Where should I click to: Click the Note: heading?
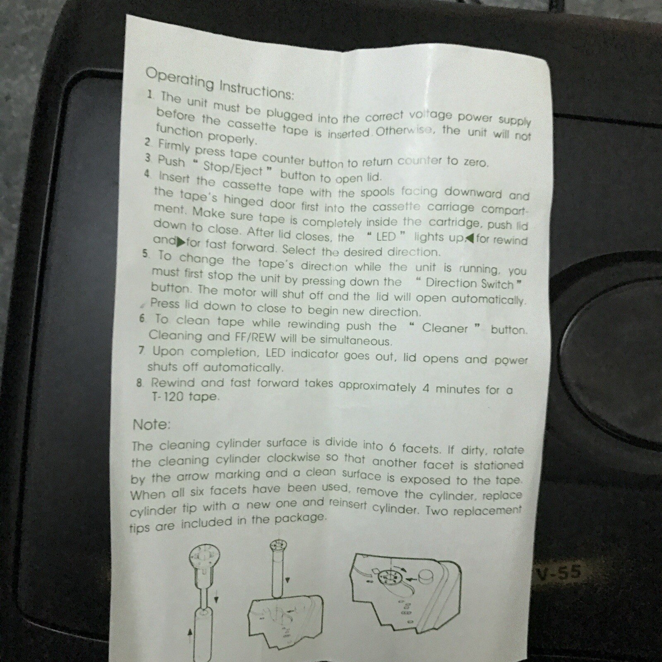[x=151, y=425]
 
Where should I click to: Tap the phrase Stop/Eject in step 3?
[x=233, y=168]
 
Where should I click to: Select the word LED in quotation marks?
[x=386, y=237]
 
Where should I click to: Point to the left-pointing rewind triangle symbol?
[x=470, y=238]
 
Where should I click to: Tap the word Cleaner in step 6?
[x=444, y=328]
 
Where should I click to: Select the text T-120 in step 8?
[x=169, y=396]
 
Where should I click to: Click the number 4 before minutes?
[x=426, y=389]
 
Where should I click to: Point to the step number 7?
[x=142, y=351]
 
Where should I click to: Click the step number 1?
[x=151, y=94]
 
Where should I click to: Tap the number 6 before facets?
[x=393, y=447]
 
